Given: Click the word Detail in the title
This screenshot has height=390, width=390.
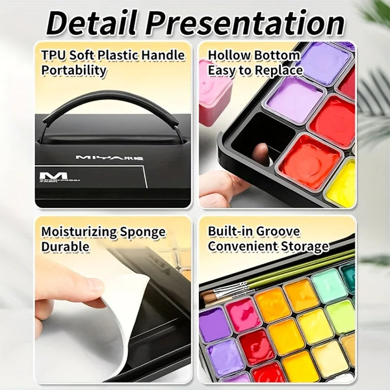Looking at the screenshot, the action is [x=92, y=23].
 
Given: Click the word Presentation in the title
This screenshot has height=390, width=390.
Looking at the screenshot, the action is [x=245, y=23].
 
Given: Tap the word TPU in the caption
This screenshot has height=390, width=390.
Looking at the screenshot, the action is [x=54, y=55].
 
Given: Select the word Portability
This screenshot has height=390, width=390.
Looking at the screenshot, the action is [x=73, y=70].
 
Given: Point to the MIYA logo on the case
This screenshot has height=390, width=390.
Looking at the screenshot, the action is [x=109, y=157].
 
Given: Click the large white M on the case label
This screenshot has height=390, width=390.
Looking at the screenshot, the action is [x=53, y=175].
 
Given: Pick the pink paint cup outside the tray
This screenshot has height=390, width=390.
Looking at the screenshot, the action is [x=215, y=93].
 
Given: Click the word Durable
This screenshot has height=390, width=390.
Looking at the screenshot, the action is [x=65, y=247].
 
